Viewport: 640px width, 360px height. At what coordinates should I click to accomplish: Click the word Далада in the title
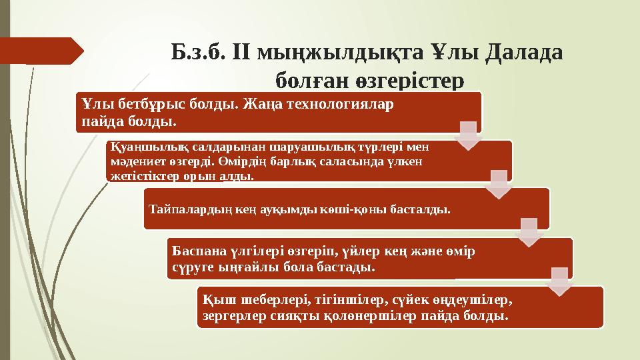525,51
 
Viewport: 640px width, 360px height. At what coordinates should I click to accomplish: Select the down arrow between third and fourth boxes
528,232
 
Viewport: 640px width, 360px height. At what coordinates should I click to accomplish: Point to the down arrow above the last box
559,281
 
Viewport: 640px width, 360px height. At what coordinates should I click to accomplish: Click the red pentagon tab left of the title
41,51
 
